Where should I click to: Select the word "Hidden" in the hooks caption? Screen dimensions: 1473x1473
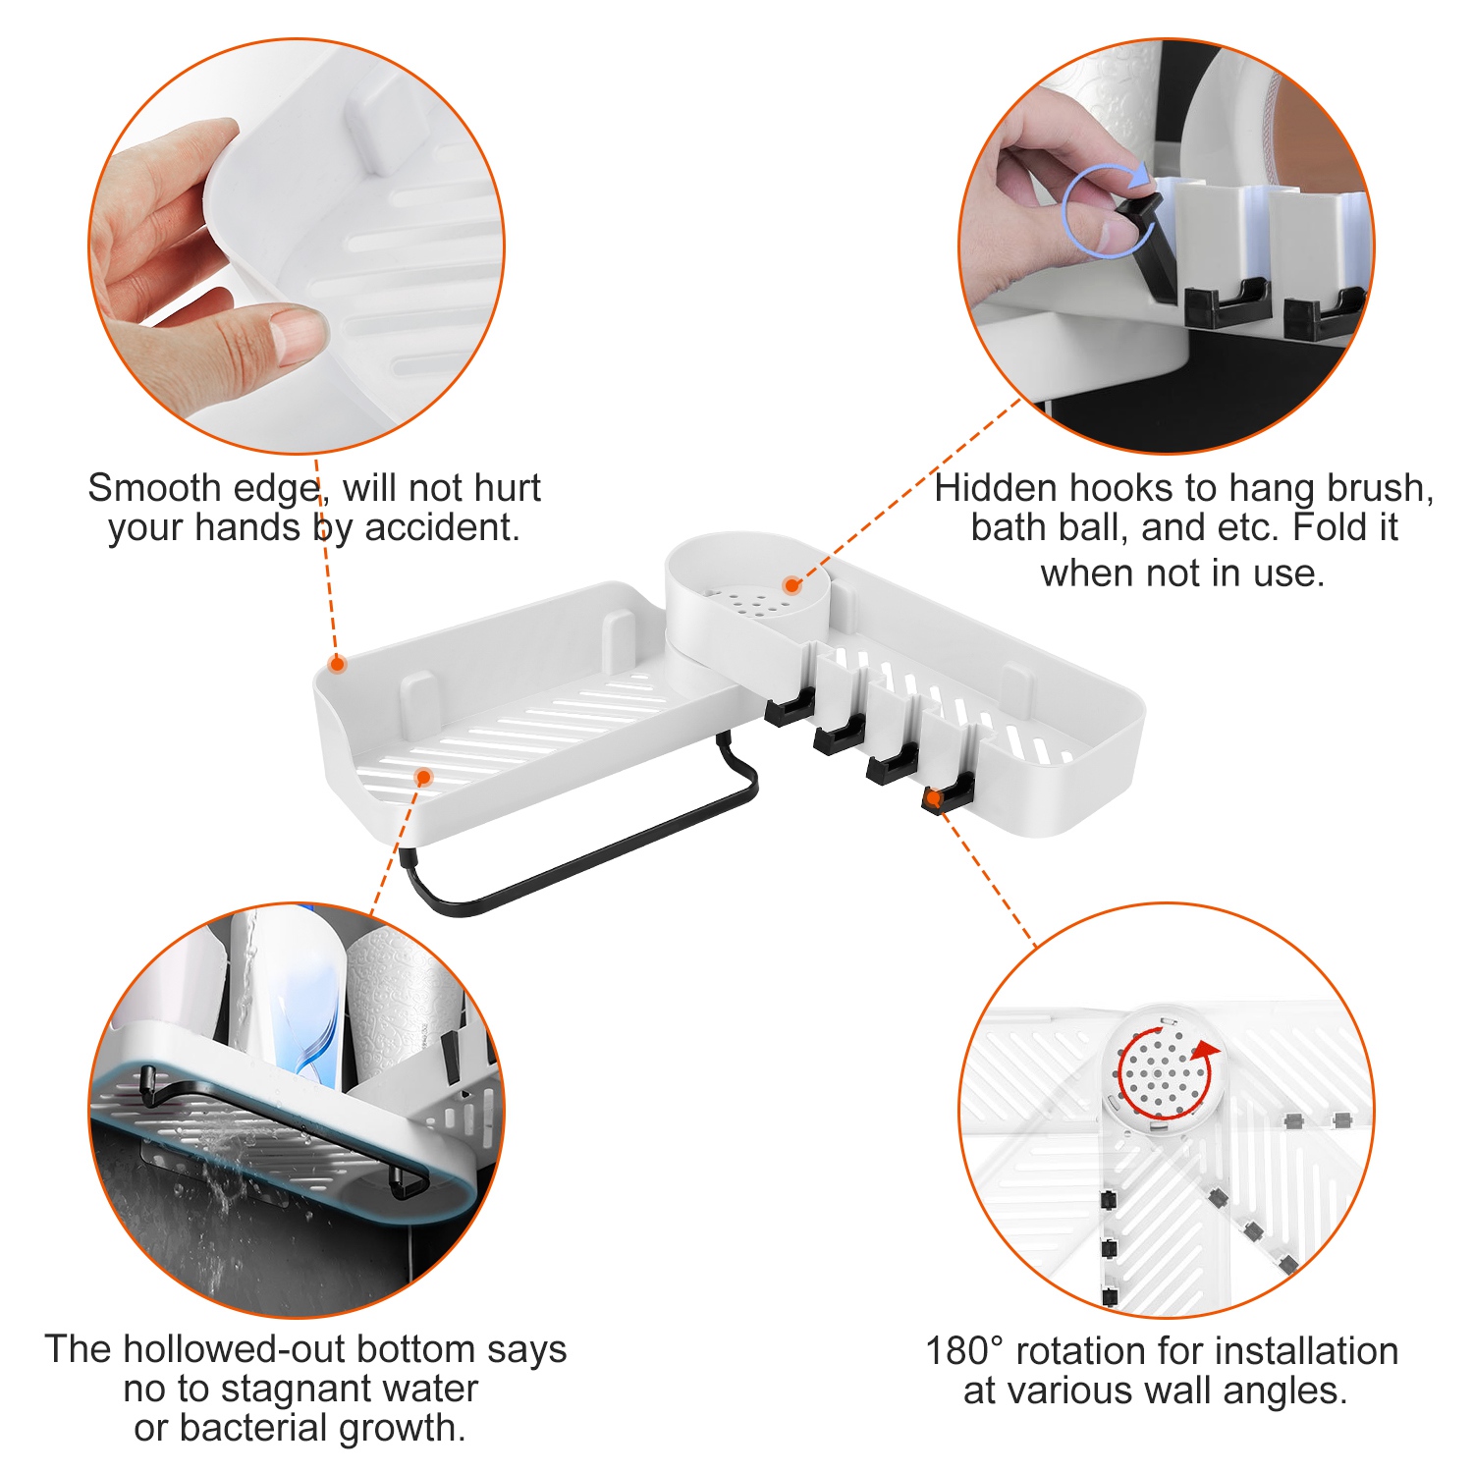coord(995,488)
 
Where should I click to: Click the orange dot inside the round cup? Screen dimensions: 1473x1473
coord(792,586)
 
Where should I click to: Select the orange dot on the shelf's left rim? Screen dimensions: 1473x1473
coord(337,665)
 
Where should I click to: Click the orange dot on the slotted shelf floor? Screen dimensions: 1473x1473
coord(424,777)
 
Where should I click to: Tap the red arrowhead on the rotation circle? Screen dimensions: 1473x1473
coord(1207,1053)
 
